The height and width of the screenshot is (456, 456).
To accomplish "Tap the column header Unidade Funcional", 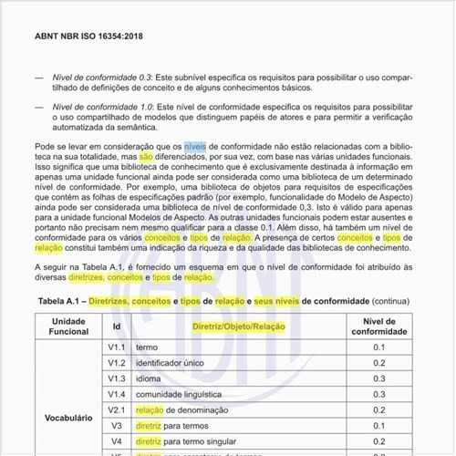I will click(68, 326).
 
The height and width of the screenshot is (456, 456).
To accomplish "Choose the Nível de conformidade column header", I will click(379, 326).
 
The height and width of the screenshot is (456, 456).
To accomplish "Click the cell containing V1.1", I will click(117, 347).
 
